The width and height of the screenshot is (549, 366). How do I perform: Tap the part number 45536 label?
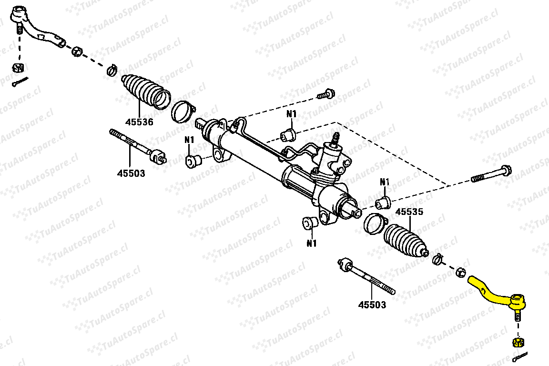click(139, 122)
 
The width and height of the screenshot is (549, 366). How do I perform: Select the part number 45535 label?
click(409, 212)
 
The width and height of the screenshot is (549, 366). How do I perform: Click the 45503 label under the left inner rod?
click(131, 173)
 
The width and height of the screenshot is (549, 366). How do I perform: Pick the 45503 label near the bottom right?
click(372, 305)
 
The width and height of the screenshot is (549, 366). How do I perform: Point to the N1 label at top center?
click(291, 114)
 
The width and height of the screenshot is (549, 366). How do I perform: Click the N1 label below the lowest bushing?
click(312, 243)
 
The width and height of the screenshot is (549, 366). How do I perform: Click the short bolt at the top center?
click(326, 94)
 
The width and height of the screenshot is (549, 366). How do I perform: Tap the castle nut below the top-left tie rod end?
click(18, 67)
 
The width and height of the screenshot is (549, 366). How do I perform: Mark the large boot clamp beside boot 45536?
click(183, 112)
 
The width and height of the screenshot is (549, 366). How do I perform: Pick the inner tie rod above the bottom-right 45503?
click(366, 276)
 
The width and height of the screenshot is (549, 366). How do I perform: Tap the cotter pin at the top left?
click(20, 82)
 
